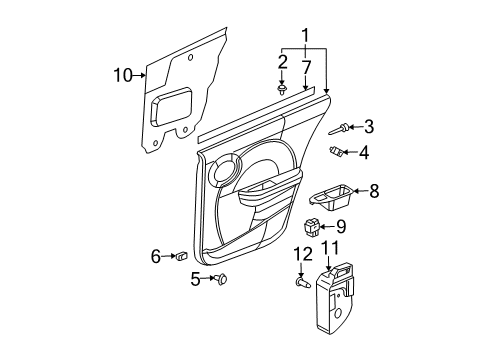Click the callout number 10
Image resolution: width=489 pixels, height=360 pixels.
tap(122, 73)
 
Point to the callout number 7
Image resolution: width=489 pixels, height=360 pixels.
tap(307, 66)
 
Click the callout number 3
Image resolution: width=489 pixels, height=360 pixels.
tap(369, 126)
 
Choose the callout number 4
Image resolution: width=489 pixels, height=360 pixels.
tap(364, 153)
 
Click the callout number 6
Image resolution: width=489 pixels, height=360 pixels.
tap(156, 257)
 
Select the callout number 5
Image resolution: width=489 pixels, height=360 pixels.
tap(196, 279)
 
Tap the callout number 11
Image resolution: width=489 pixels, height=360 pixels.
tap(330, 248)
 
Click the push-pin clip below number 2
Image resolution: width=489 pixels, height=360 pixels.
tap(283, 90)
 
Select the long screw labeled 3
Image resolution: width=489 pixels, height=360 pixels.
tap(337, 129)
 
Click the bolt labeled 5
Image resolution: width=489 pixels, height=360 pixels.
tap(221, 280)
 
